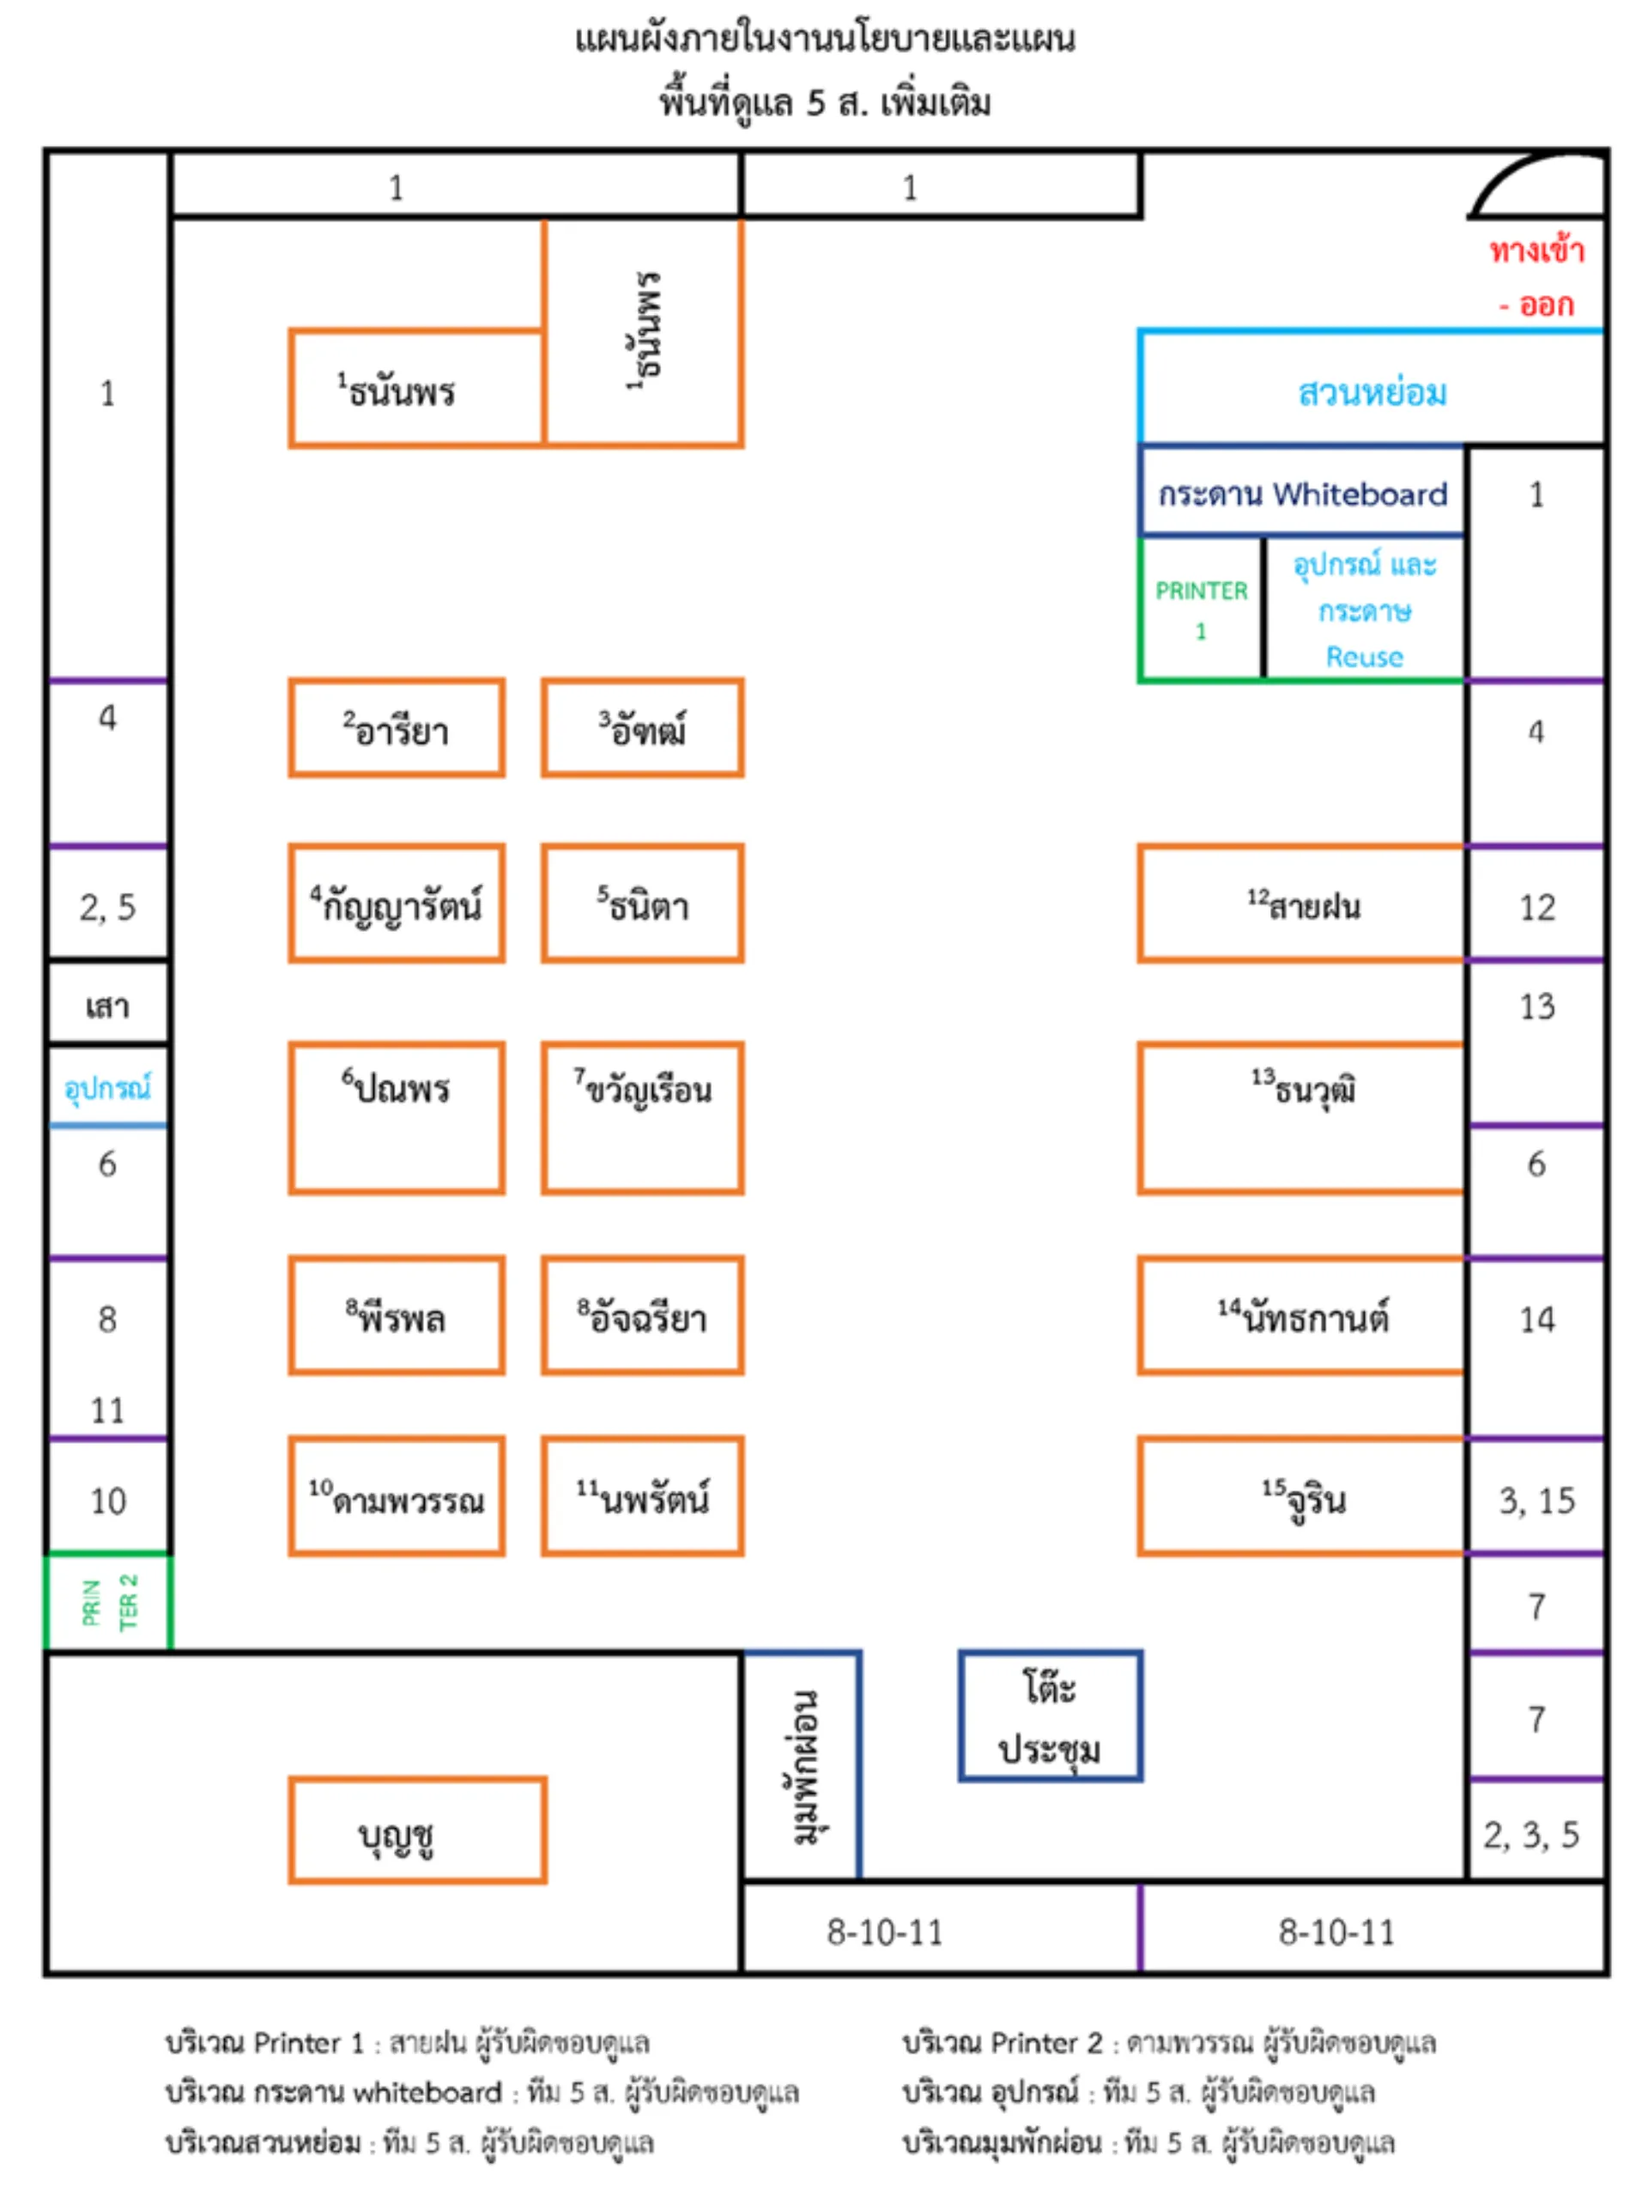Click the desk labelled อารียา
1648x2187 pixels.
click(x=397, y=727)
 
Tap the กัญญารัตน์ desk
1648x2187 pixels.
click(x=397, y=902)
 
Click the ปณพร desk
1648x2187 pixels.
click(x=397, y=1117)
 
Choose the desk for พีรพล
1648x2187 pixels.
click(x=397, y=1315)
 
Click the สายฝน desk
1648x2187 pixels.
click(x=1301, y=902)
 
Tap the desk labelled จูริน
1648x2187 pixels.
click(x=1301, y=1496)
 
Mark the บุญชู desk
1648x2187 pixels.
click(x=417, y=1830)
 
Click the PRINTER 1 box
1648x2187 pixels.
click(x=1200, y=609)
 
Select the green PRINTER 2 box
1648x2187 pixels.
click(x=108, y=1601)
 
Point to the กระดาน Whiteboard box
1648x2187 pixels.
click(x=1301, y=491)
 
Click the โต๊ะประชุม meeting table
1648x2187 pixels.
click(x=1050, y=1716)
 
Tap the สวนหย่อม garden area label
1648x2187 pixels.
click(x=1372, y=392)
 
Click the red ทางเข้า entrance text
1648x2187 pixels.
click(x=1536, y=251)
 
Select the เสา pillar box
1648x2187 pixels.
click(x=108, y=1003)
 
